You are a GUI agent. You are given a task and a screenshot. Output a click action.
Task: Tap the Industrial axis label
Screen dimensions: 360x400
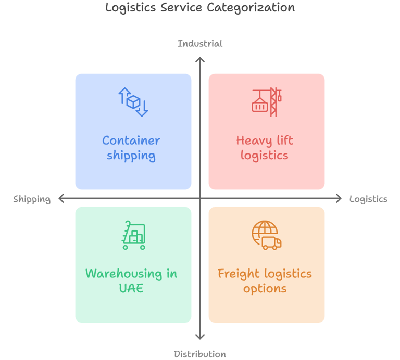(200, 44)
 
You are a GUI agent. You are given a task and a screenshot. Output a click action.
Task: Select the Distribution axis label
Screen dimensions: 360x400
(200, 354)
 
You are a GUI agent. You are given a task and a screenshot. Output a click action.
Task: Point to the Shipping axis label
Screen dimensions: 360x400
(32, 199)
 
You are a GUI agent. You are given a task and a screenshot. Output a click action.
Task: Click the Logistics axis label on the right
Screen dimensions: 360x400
(368, 199)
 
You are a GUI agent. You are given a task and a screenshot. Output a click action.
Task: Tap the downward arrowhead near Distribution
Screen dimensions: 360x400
(200, 337)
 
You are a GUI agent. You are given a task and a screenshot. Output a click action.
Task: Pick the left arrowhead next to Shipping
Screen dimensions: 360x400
(61, 198)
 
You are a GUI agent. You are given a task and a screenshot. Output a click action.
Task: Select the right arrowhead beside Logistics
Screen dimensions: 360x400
(339, 198)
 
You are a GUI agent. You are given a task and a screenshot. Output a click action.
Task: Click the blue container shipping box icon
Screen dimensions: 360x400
(133, 102)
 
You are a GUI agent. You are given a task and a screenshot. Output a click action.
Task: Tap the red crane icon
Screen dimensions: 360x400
(267, 102)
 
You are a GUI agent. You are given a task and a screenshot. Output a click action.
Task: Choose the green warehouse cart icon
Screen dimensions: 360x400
(133, 235)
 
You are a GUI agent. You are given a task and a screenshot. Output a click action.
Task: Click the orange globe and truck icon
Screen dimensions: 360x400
(266, 235)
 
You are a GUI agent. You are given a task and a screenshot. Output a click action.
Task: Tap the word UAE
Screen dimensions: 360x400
(131, 288)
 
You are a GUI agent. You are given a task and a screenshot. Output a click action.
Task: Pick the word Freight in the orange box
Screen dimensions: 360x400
(239, 274)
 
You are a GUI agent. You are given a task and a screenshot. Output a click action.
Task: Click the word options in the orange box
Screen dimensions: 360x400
(265, 289)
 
